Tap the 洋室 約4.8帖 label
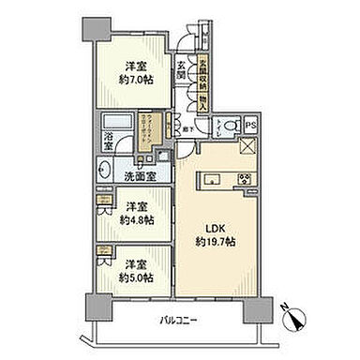coord(136,211)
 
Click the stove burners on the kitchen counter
coord(245,179)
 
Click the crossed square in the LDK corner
coord(248,144)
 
